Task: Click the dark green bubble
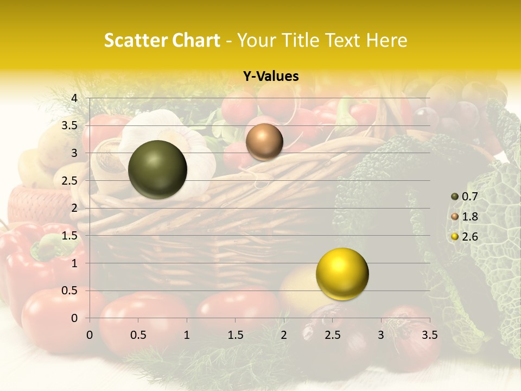pos(157,169)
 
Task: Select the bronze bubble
pos(264,142)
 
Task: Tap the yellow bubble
pos(342,274)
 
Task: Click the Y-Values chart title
pos(271,77)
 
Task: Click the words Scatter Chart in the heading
pos(162,40)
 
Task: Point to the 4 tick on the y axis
pos(74,98)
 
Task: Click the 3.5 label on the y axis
pos(69,125)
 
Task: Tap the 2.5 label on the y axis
pos(69,181)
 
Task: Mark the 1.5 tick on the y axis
pos(69,236)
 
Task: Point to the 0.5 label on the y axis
pos(69,291)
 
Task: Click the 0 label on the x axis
pos(90,335)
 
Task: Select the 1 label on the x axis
pos(187,335)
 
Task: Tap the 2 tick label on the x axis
pos(284,335)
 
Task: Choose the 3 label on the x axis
pos(381,335)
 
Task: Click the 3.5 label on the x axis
pos(429,335)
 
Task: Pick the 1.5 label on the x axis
pos(235,335)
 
